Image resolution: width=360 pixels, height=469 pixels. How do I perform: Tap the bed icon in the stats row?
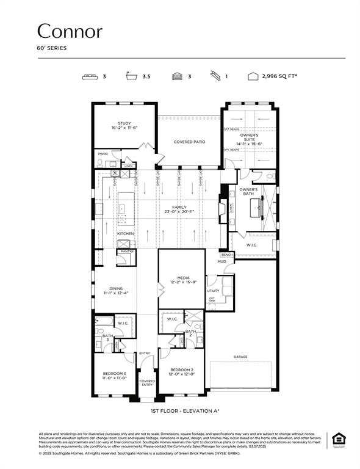(90, 77)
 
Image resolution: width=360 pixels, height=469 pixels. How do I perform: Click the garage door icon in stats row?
(177, 77)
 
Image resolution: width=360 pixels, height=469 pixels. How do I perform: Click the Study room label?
(124, 123)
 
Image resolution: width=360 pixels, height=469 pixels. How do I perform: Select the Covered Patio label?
(189, 142)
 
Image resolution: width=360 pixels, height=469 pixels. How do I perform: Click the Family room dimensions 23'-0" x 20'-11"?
(179, 211)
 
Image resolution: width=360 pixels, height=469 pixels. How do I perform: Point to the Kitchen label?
(125, 233)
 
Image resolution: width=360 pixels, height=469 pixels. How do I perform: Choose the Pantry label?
(127, 251)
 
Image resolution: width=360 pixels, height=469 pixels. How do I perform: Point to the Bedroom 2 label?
(181, 369)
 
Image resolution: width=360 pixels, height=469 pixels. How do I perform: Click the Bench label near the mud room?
(227, 254)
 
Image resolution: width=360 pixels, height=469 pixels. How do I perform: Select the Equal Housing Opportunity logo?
(337, 440)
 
